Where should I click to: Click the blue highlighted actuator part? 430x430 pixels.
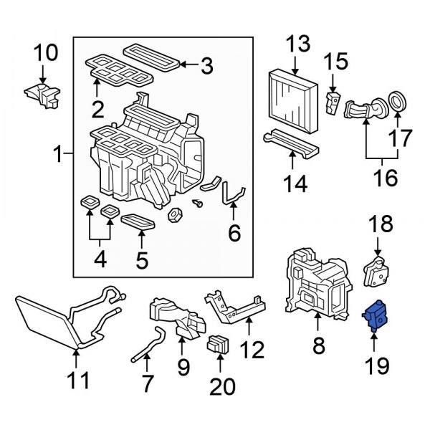(x=376, y=316)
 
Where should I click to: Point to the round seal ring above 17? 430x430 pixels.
(x=396, y=102)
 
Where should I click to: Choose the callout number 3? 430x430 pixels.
(x=206, y=67)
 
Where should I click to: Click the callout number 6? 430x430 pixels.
(x=234, y=233)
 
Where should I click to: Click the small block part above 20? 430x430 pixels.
(x=219, y=345)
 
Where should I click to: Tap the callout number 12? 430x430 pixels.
(x=252, y=350)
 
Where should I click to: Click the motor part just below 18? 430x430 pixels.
(x=377, y=269)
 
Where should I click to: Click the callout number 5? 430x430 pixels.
(x=143, y=258)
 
